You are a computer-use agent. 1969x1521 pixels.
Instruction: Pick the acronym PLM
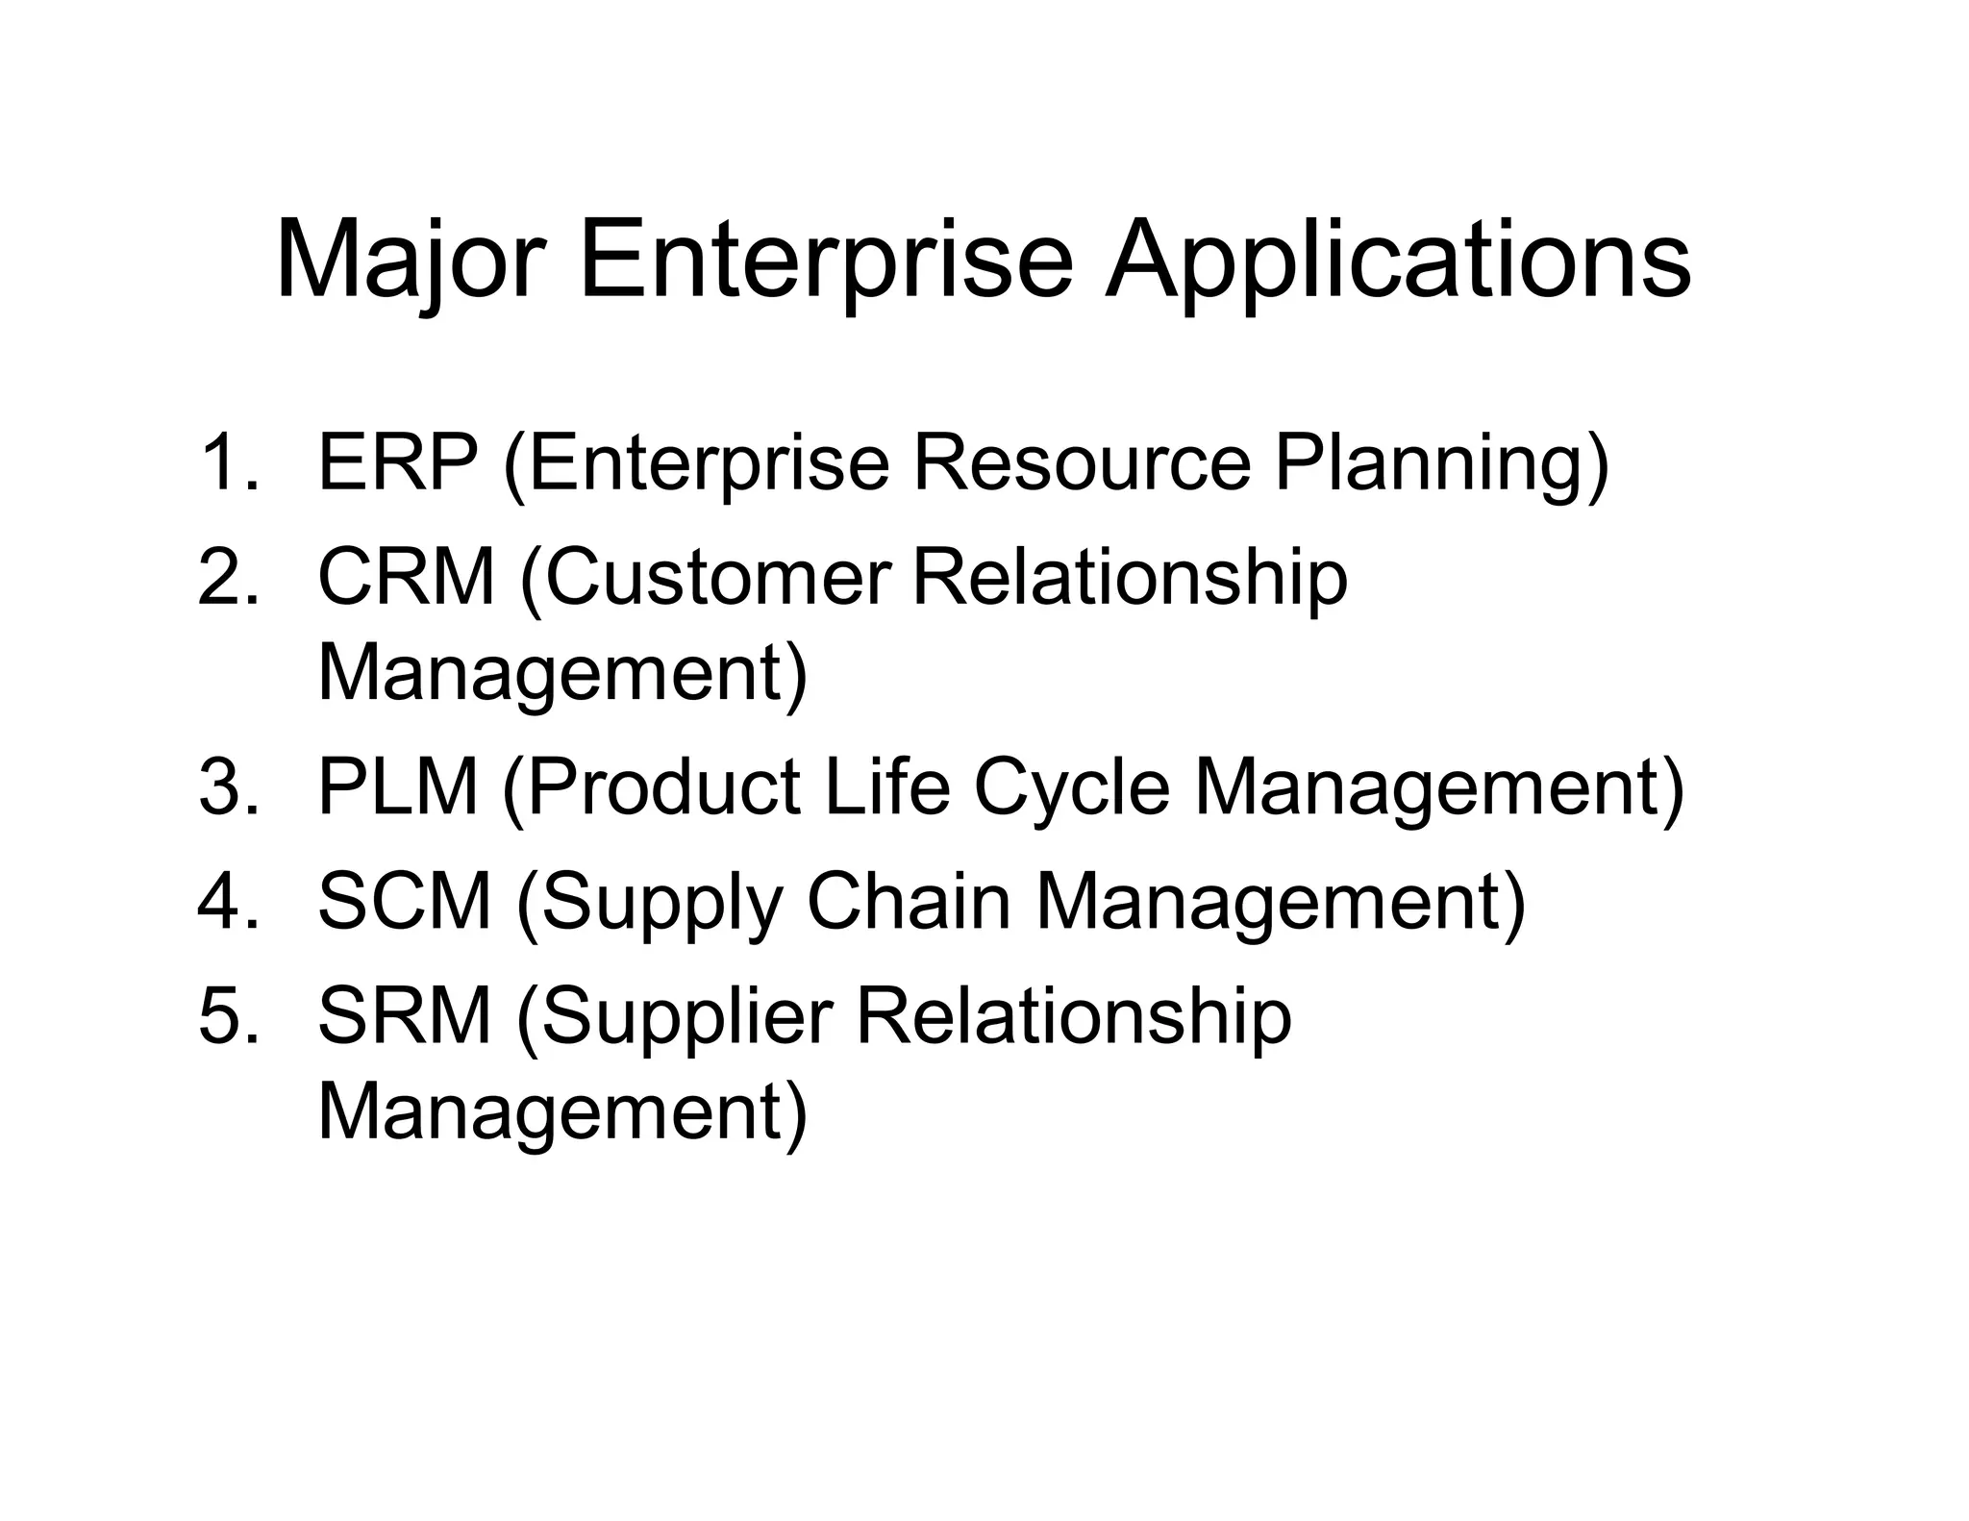coord(398,787)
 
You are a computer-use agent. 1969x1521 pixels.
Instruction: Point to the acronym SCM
coord(405,902)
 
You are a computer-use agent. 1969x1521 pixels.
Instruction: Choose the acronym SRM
coord(405,1016)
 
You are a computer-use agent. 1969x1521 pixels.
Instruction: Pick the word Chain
coord(909,902)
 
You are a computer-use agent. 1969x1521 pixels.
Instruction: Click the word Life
coord(887,787)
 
